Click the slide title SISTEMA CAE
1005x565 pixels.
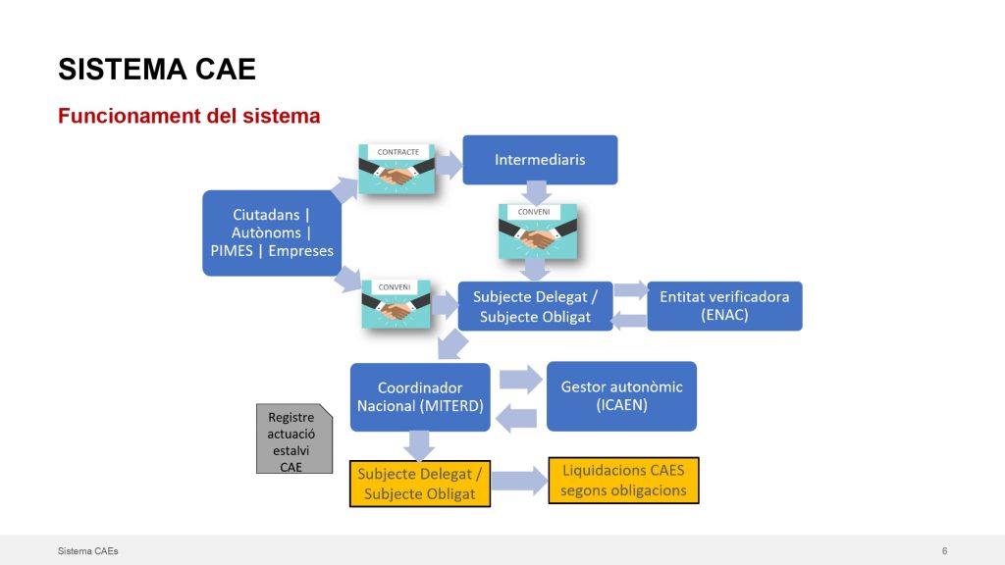157,70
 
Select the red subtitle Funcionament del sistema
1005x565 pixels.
189,116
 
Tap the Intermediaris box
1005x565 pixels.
541,160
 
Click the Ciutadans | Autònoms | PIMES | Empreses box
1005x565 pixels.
272,233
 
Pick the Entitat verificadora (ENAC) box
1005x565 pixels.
724,306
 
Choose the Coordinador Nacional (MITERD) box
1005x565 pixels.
420,397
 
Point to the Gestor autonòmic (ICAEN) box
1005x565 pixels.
621,396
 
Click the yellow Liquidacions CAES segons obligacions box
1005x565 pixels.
623,481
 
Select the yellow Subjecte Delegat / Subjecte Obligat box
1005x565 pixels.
420,484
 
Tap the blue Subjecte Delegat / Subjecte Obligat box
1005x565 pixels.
535,306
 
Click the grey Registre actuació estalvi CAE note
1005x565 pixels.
294,438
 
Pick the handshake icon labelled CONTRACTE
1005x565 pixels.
397,169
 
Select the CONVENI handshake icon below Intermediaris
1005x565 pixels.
538,231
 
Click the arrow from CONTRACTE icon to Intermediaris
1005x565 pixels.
449,165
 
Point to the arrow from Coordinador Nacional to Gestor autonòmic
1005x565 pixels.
520,380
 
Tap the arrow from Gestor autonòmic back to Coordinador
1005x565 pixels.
516,418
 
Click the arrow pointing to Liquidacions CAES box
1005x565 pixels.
520,482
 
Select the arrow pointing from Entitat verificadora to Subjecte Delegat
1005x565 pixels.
629,320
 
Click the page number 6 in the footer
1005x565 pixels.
945,551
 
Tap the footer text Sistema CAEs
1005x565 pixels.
87,551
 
